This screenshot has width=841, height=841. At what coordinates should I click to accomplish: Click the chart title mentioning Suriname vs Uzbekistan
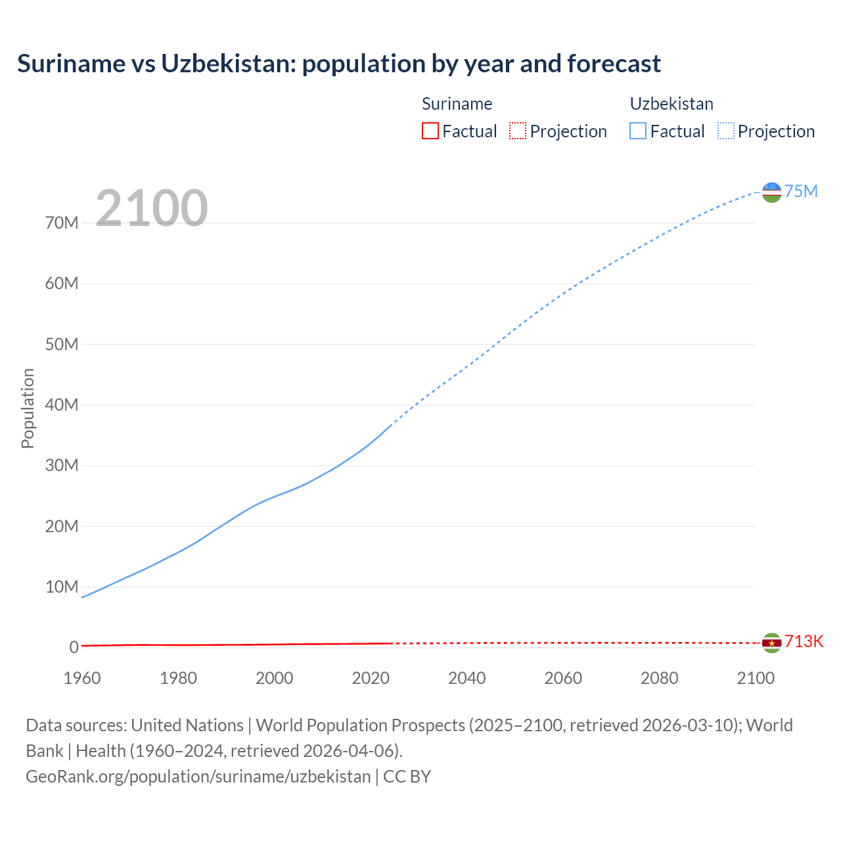click(x=338, y=64)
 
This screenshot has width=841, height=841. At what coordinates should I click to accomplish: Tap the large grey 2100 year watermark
click(x=152, y=208)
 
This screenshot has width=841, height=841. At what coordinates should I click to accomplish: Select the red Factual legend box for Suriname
click(x=430, y=131)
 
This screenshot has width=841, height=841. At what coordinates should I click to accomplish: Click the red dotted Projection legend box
click(x=518, y=131)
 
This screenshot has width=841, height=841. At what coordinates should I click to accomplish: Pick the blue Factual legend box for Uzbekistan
click(x=637, y=131)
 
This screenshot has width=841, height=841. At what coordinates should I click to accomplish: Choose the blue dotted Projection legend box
click(x=725, y=131)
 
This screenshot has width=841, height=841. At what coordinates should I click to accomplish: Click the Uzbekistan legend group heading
click(x=671, y=104)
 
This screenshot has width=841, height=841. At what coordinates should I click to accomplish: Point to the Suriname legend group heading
click(x=457, y=104)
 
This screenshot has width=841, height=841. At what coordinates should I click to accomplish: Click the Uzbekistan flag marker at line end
click(x=771, y=192)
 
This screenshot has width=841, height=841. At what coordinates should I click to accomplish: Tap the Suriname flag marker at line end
click(x=771, y=643)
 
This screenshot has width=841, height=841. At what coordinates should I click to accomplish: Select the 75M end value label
click(x=801, y=191)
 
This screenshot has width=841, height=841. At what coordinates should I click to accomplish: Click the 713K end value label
click(x=804, y=642)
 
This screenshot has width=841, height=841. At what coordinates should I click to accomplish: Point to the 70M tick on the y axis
click(x=62, y=223)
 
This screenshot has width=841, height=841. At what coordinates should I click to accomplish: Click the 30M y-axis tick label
click(x=62, y=466)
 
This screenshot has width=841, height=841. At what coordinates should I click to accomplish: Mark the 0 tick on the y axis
click(x=74, y=647)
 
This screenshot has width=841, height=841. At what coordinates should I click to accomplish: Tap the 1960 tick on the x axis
click(x=82, y=678)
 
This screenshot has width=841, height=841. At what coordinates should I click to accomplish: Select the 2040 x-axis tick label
click(x=466, y=678)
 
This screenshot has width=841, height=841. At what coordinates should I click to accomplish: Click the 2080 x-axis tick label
click(x=659, y=678)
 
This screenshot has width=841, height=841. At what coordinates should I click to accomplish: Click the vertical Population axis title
click(x=28, y=408)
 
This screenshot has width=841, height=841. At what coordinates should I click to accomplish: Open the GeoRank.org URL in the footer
click(x=198, y=777)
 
